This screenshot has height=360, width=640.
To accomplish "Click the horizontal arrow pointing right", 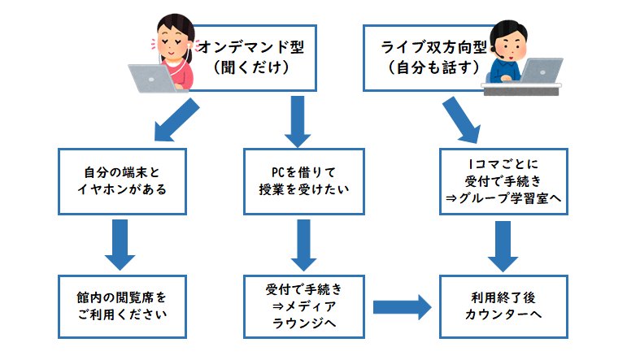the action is point(402,307).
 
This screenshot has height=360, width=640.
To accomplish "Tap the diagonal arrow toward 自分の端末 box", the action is point(176,120).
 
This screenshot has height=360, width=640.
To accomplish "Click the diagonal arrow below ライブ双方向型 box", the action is point(462,119).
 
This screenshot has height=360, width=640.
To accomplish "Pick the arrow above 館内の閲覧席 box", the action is point(120,245).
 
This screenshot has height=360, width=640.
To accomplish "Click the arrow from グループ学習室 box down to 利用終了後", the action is point(503,246).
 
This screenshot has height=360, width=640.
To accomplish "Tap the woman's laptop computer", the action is point(152,78).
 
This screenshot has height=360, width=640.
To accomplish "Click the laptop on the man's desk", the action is point(541,71).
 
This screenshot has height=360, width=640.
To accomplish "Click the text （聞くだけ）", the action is point(251,67).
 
